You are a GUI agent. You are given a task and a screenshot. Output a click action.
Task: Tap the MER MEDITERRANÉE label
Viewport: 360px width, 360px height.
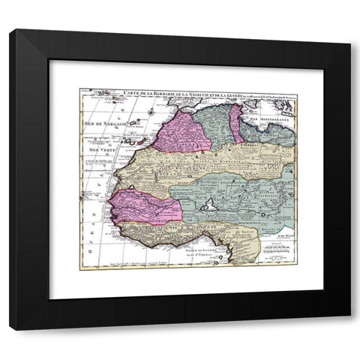tap(274, 119)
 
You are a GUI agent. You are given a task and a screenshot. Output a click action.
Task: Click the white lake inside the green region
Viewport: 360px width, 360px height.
tap(211, 202)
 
